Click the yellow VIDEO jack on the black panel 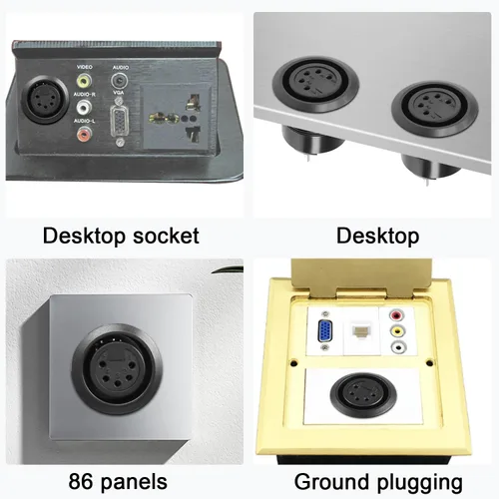84,80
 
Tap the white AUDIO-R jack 84,107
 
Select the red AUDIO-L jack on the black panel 84,134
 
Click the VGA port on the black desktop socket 120,122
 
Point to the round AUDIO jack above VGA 119,81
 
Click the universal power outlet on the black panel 176,118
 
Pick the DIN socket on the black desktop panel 44,100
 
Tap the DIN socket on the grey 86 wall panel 117,370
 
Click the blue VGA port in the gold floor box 325,331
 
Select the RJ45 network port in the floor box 360,332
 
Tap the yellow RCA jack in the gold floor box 397,331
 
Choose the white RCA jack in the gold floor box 398,347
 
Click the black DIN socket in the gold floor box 363,393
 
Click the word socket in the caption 166,236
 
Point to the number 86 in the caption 82,482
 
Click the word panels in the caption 134,482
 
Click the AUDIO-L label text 84,121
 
